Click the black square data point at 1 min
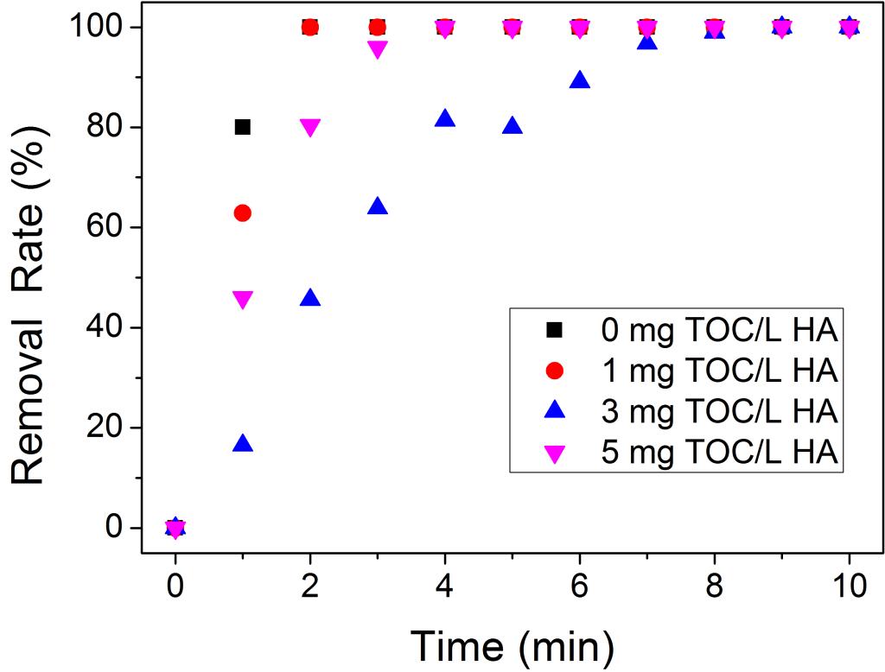(243, 127)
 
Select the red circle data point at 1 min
(243, 212)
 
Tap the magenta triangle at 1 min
(243, 300)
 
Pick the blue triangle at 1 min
(243, 444)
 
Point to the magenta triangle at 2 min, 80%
(310, 128)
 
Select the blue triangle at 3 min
(378, 206)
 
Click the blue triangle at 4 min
(445, 119)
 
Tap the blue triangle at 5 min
(513, 126)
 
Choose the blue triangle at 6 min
(580, 80)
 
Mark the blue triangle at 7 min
(647, 41)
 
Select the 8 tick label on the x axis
(715, 586)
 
